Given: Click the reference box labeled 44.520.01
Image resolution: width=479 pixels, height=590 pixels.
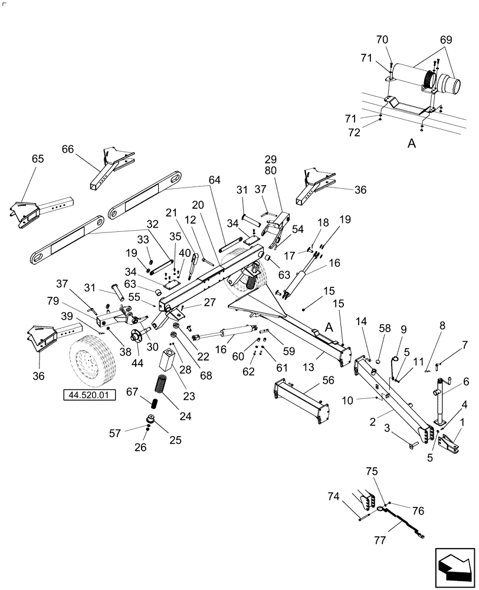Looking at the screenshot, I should [x=89, y=393].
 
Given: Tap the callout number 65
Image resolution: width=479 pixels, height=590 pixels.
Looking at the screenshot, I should [x=37, y=159].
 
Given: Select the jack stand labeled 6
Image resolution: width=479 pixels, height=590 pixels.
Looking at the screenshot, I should [x=439, y=401].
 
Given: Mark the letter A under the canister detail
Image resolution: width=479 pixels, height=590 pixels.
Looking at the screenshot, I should [x=412, y=143].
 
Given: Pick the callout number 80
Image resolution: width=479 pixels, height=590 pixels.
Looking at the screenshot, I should [x=271, y=171].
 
